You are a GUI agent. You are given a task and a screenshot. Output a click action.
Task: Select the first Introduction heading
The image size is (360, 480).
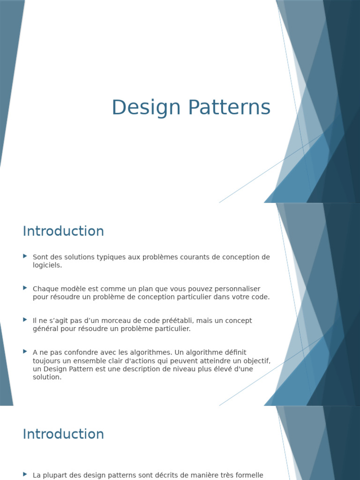(63, 231)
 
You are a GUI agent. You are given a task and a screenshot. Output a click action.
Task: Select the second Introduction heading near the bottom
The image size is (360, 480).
(63, 434)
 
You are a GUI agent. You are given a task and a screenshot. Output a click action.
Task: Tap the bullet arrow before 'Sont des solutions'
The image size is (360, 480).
(25, 256)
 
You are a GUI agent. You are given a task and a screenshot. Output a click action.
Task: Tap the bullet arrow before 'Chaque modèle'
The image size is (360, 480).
(25, 288)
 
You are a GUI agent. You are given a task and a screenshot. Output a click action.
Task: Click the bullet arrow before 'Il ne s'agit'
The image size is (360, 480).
(25, 320)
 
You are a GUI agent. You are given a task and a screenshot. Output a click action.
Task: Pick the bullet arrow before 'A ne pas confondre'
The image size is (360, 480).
(25, 351)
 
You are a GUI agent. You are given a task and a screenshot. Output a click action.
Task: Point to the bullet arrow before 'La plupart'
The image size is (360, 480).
(25, 474)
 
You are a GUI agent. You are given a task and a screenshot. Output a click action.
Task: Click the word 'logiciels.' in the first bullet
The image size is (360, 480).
(47, 265)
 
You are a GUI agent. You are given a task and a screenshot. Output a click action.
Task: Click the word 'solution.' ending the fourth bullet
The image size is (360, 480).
(47, 377)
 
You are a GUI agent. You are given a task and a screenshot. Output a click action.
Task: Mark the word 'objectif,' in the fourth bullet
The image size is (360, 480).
(255, 360)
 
